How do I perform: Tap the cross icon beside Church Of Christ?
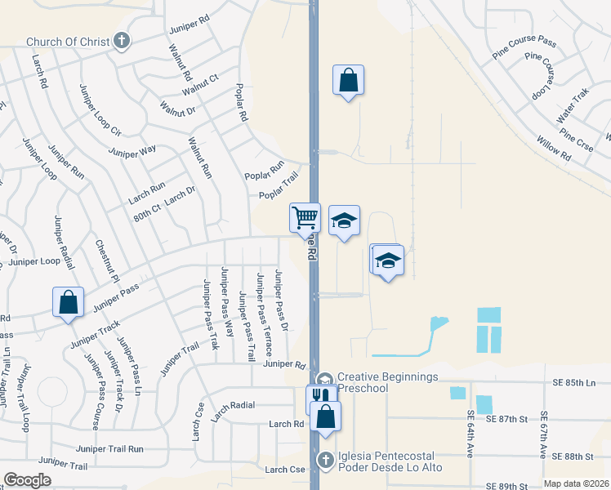coord(122,40)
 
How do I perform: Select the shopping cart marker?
coord(305,219)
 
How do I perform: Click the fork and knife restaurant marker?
coord(319,398)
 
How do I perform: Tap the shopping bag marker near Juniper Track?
coord(68,302)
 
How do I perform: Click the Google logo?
coord(27,480)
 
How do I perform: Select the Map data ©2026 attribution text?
coord(577,483)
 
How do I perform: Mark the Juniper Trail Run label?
coord(109,448)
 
